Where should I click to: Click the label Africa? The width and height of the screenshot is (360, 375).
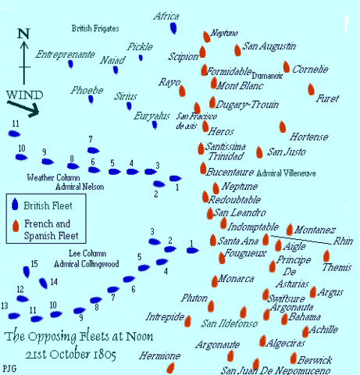point(166,16)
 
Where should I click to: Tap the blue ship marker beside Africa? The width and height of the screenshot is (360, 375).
point(175,32)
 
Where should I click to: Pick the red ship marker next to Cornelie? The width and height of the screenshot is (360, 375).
point(287,67)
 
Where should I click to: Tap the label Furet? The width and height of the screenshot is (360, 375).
point(327,99)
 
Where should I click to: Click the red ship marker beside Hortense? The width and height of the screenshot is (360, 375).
point(283,127)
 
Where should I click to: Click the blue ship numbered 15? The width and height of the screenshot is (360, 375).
point(28,272)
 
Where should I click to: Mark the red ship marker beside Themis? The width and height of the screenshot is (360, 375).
point(328,255)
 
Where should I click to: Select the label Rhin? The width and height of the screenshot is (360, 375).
point(344,241)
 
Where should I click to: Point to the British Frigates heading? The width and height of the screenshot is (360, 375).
point(95,28)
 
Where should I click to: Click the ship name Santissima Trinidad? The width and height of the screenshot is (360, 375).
point(227,151)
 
